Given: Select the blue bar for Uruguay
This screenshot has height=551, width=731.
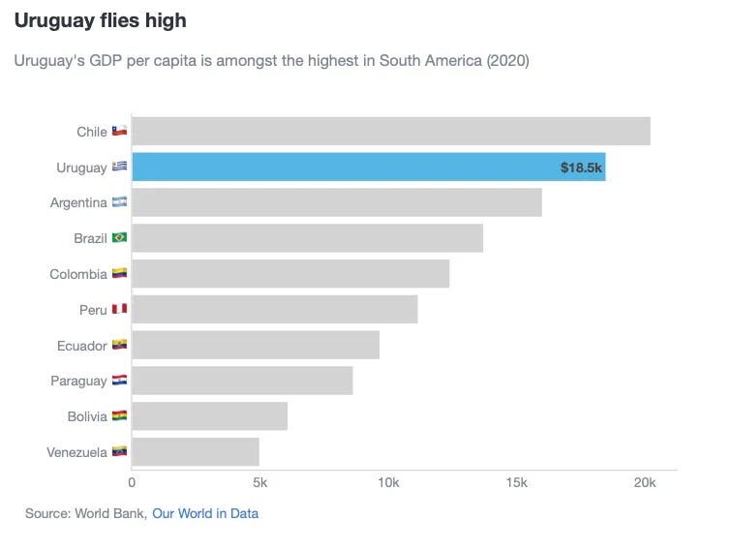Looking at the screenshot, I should (368, 167).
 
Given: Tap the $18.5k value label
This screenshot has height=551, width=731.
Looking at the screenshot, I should (581, 168).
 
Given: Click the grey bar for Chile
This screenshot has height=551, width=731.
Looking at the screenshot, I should (390, 131).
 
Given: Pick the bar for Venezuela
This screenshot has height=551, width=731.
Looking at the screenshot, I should (196, 451).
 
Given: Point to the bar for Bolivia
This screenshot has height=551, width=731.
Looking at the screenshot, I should (209, 416).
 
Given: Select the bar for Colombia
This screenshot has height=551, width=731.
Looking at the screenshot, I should (290, 274).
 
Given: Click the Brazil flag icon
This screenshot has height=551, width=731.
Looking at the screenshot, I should (119, 238).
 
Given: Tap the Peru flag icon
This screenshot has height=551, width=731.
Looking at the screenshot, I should (119, 310).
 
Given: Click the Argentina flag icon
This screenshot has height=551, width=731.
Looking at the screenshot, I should (119, 202).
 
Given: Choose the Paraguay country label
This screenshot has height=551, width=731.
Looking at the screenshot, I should (78, 381).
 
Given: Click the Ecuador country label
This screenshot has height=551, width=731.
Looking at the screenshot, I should (80, 346).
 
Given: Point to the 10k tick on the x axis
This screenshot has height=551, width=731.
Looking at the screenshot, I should (388, 482).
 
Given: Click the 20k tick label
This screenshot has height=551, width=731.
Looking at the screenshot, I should (645, 482).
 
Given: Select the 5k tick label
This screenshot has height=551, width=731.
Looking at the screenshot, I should (259, 482).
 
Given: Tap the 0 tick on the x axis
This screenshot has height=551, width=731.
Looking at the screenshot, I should (132, 482).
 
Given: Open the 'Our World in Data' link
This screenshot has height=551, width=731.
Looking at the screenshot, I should (205, 513).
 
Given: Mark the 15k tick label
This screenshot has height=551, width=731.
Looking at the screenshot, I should (517, 482).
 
